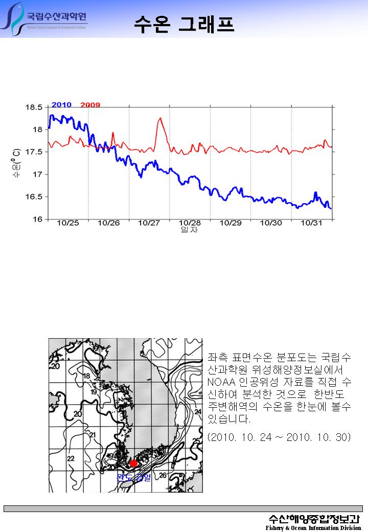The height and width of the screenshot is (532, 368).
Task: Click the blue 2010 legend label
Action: coord(61,104)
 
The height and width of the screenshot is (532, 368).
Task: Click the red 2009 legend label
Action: coord(90,104)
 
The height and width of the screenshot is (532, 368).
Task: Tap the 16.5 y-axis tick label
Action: coord(34,197)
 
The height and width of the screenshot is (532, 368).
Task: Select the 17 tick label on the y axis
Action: coord(37,174)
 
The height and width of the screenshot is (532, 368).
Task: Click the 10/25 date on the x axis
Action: coord(67,223)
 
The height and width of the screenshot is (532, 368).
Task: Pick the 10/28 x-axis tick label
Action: coord(190,223)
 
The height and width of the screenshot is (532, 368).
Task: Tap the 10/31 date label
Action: coord(311,223)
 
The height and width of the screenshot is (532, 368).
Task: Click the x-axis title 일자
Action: coord(189,230)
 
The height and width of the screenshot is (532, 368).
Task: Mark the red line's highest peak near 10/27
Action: coord(160,118)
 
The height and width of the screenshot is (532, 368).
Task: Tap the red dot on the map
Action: coord(134,463)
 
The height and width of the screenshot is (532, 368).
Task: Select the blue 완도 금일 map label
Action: coord(134,478)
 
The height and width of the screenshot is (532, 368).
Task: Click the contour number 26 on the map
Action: coord(163,475)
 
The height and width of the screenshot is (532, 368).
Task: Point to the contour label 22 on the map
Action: coord(71,458)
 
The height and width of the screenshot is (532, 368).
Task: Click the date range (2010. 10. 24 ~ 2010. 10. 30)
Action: coord(279,437)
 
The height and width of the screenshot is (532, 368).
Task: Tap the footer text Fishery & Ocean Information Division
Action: coord(313,527)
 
